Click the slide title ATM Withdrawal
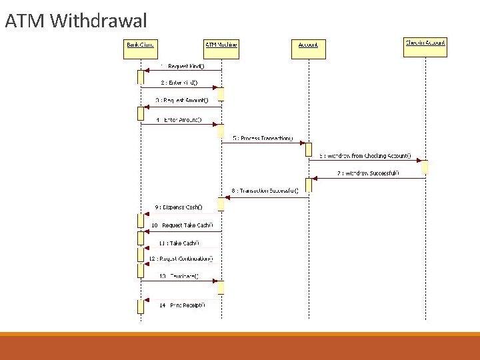(x=76, y=21)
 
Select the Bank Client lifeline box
(x=141, y=45)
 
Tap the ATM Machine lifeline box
(x=221, y=45)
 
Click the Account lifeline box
(x=308, y=45)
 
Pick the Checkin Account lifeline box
(x=425, y=43)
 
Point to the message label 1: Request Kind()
(x=182, y=66)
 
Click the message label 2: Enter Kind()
(x=179, y=83)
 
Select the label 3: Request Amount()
(x=182, y=100)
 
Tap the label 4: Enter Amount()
(x=179, y=120)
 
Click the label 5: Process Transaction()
(x=263, y=138)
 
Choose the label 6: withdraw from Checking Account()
(x=365, y=155)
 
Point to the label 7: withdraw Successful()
(x=368, y=173)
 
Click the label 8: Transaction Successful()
(x=265, y=191)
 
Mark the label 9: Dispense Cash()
(x=179, y=207)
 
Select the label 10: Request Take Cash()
(x=181, y=225)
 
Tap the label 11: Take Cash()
(x=179, y=243)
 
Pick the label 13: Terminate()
(x=179, y=276)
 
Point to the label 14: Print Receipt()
(x=182, y=305)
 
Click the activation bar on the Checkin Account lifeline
(x=425, y=167)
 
